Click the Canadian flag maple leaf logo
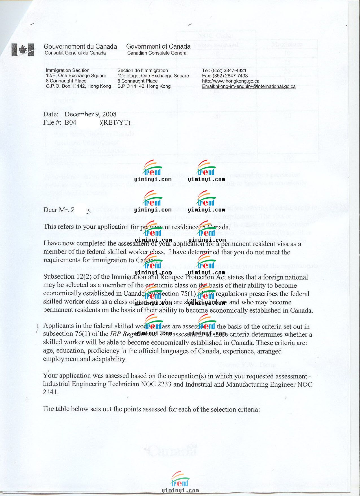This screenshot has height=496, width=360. click(23, 50)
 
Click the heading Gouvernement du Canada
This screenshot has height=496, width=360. click(80, 46)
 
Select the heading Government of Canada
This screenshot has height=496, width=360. click(158, 46)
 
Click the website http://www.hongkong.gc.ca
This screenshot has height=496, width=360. click(230, 81)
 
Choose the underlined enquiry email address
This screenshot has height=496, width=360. click(249, 86)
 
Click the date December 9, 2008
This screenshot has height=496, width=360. click(90, 114)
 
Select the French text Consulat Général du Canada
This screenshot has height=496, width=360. click(75, 53)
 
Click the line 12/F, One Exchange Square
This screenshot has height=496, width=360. click(76, 76)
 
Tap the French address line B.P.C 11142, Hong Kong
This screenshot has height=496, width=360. click(144, 86)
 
